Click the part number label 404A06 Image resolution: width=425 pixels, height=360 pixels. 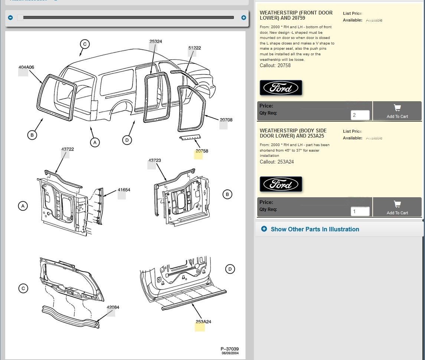pos(26,67)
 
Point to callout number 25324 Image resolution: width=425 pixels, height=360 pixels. pos(156,42)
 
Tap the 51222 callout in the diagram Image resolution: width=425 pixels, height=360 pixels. pos(194,48)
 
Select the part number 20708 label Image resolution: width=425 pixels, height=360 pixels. pos(226,120)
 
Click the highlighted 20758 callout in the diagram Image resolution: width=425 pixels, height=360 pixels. pos(202,151)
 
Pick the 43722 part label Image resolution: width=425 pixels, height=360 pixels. pos(68,149)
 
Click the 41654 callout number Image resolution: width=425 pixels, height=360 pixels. pos(124,190)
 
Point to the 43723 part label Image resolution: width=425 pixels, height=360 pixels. pos(155,161)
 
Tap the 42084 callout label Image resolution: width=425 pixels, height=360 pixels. pos(113,307)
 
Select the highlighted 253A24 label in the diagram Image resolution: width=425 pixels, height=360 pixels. pos(203,322)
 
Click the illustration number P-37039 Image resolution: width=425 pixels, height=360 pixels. pos(229,349)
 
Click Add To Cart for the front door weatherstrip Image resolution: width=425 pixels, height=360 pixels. pos(397,111)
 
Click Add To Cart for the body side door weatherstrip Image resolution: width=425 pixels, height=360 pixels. pos(397,207)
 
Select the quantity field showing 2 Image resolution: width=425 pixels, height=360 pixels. pos(360,115)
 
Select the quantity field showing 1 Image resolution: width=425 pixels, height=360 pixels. pos(360,212)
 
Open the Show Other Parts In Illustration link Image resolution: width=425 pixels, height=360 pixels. pos(315,229)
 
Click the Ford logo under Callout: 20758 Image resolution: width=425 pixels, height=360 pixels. pos(281,88)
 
